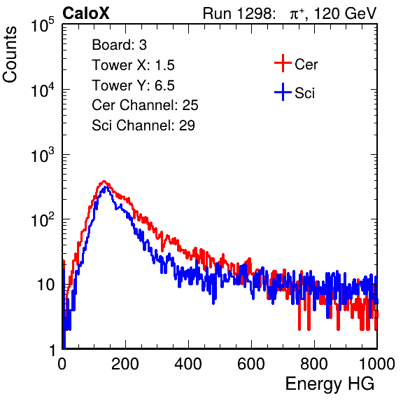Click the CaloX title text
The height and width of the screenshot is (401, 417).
coord(85,13)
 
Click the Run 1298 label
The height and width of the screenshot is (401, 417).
coord(239,13)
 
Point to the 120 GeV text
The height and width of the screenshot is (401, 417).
coord(346,13)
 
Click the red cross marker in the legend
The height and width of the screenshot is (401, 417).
coord(283,63)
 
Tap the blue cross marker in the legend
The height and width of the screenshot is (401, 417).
coord(283,92)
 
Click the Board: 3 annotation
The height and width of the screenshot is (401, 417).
coord(119,45)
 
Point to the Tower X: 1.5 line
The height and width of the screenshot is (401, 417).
coord(133,65)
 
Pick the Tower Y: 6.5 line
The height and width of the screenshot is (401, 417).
coord(133,86)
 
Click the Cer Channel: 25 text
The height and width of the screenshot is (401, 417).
coord(145,105)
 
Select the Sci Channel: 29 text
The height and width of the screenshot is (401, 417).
coord(143,125)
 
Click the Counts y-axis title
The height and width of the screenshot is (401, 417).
coord(10,55)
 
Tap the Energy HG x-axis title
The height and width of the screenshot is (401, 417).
coord(330,384)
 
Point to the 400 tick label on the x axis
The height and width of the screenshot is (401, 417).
coord(188,364)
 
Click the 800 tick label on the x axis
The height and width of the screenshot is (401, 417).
coord(314,364)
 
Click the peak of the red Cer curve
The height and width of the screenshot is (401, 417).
coord(104,181)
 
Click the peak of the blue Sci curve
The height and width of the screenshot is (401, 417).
coord(106,187)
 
